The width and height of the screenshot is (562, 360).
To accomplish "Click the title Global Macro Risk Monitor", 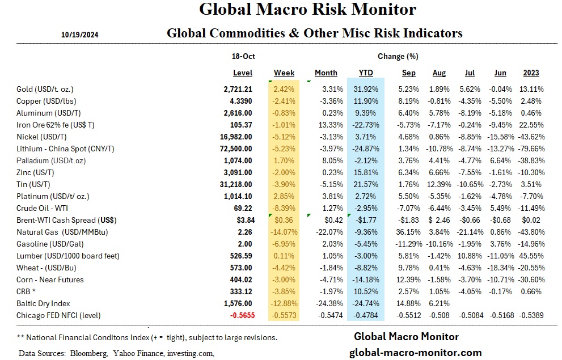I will [x=308, y=10].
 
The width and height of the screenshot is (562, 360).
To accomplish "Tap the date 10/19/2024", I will [x=80, y=35].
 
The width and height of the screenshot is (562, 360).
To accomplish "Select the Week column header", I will [x=284, y=73].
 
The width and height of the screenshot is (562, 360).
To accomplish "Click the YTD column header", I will [x=366, y=73].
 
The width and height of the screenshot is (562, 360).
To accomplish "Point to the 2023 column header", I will [x=531, y=73].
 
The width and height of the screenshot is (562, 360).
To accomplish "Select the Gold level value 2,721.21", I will [x=238, y=90].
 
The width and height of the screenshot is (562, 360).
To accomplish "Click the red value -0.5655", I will [x=239, y=315].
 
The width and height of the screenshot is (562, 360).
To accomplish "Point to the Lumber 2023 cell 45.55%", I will [x=530, y=256].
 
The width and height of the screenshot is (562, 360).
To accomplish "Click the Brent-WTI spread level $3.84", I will [x=242, y=220].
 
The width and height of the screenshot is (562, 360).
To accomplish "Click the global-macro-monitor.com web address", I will [x=417, y=352].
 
